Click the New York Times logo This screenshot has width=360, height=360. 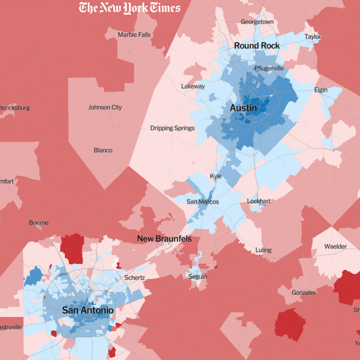tap(130, 8)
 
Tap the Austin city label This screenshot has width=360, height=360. tap(243, 108)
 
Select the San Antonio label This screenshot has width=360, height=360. tap(88, 311)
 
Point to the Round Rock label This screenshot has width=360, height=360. tap(257, 46)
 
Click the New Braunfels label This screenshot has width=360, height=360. tap(164, 239)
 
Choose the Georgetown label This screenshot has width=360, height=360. tap(257, 22)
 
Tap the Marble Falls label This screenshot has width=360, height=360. tap(134, 35)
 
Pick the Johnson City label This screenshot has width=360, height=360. tap(105, 108)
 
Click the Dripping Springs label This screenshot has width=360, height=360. tap(172, 128)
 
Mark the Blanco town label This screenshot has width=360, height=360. tap(103, 150)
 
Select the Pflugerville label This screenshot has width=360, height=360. tap(269, 68)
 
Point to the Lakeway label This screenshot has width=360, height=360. tap(193, 86)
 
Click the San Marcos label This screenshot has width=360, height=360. tap(202, 202)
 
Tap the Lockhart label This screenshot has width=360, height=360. tap(260, 201)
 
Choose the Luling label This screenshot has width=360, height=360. tap(264, 250)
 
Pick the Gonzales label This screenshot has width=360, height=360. tap(304, 292)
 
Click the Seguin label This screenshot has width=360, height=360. tap(198, 276)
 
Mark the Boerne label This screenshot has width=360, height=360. tap(39, 223)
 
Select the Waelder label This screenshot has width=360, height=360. tap(336, 246)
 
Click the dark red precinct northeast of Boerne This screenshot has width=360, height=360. tap(72, 248)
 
